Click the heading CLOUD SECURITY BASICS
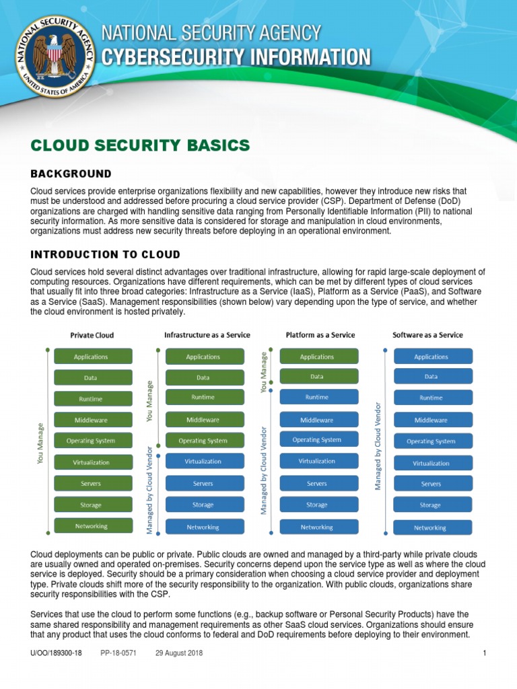click(x=140, y=145)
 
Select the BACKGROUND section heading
click(x=71, y=174)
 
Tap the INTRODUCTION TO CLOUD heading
click(x=105, y=254)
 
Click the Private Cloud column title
click(x=92, y=335)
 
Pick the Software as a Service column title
click(x=427, y=334)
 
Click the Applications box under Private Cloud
click(x=91, y=357)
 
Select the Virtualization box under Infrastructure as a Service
click(x=203, y=462)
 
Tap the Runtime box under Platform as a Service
click(x=316, y=397)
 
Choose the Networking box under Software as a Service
click(x=430, y=528)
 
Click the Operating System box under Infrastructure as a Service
click(x=203, y=441)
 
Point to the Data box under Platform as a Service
click(x=316, y=377)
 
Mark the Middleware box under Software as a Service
click(x=430, y=421)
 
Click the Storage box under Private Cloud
click(x=91, y=505)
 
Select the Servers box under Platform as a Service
click(x=316, y=484)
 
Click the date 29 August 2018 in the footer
click(x=178, y=653)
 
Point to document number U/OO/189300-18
click(x=56, y=653)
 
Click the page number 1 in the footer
click(x=485, y=653)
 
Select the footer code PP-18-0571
click(x=118, y=653)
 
